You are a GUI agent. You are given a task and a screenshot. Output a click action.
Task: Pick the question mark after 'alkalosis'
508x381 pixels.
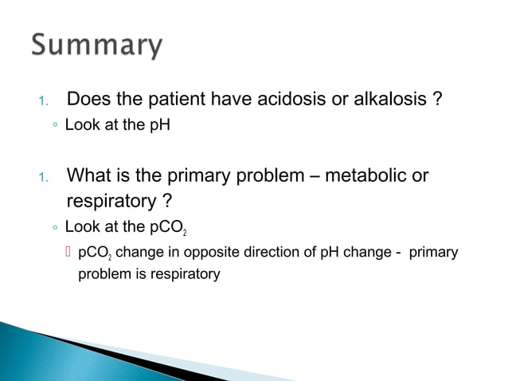point(438,100)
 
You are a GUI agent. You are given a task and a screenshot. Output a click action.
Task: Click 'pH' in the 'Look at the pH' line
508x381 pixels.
point(160,125)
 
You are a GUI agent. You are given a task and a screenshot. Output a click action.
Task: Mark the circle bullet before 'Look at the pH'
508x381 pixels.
point(54,126)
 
